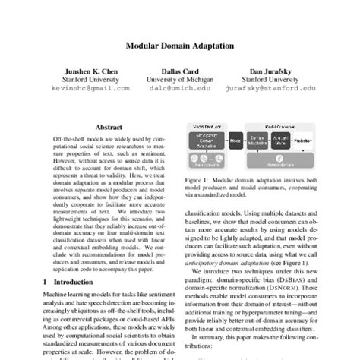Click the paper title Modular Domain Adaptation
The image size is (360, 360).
180,46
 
